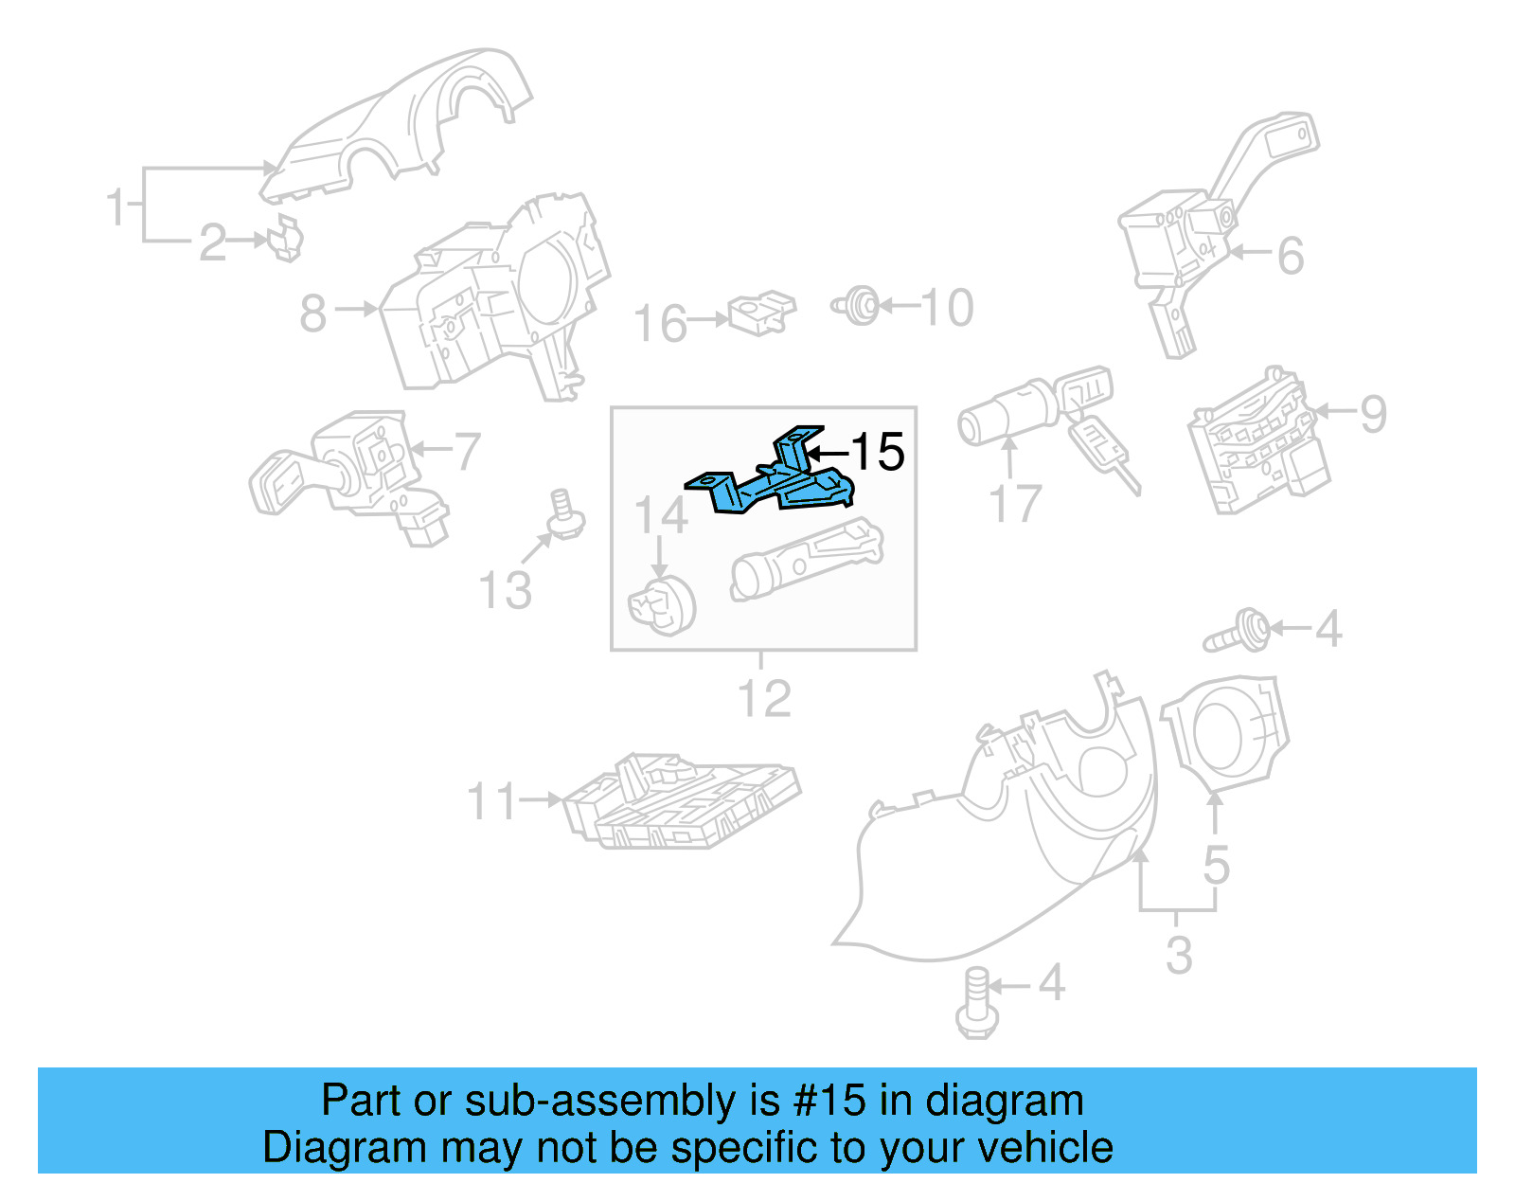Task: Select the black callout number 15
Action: tap(878, 452)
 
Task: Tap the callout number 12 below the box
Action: tap(763, 699)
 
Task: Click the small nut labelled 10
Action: tap(860, 306)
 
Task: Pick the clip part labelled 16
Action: tap(761, 313)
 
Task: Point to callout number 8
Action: tap(312, 313)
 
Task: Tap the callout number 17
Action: tap(1014, 504)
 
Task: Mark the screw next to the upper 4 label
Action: tap(1239, 632)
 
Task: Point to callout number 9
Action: tap(1373, 414)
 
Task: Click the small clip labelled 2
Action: tap(285, 239)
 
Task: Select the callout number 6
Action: tap(1291, 256)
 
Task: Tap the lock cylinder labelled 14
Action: tap(662, 602)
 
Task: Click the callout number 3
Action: tap(1178, 955)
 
